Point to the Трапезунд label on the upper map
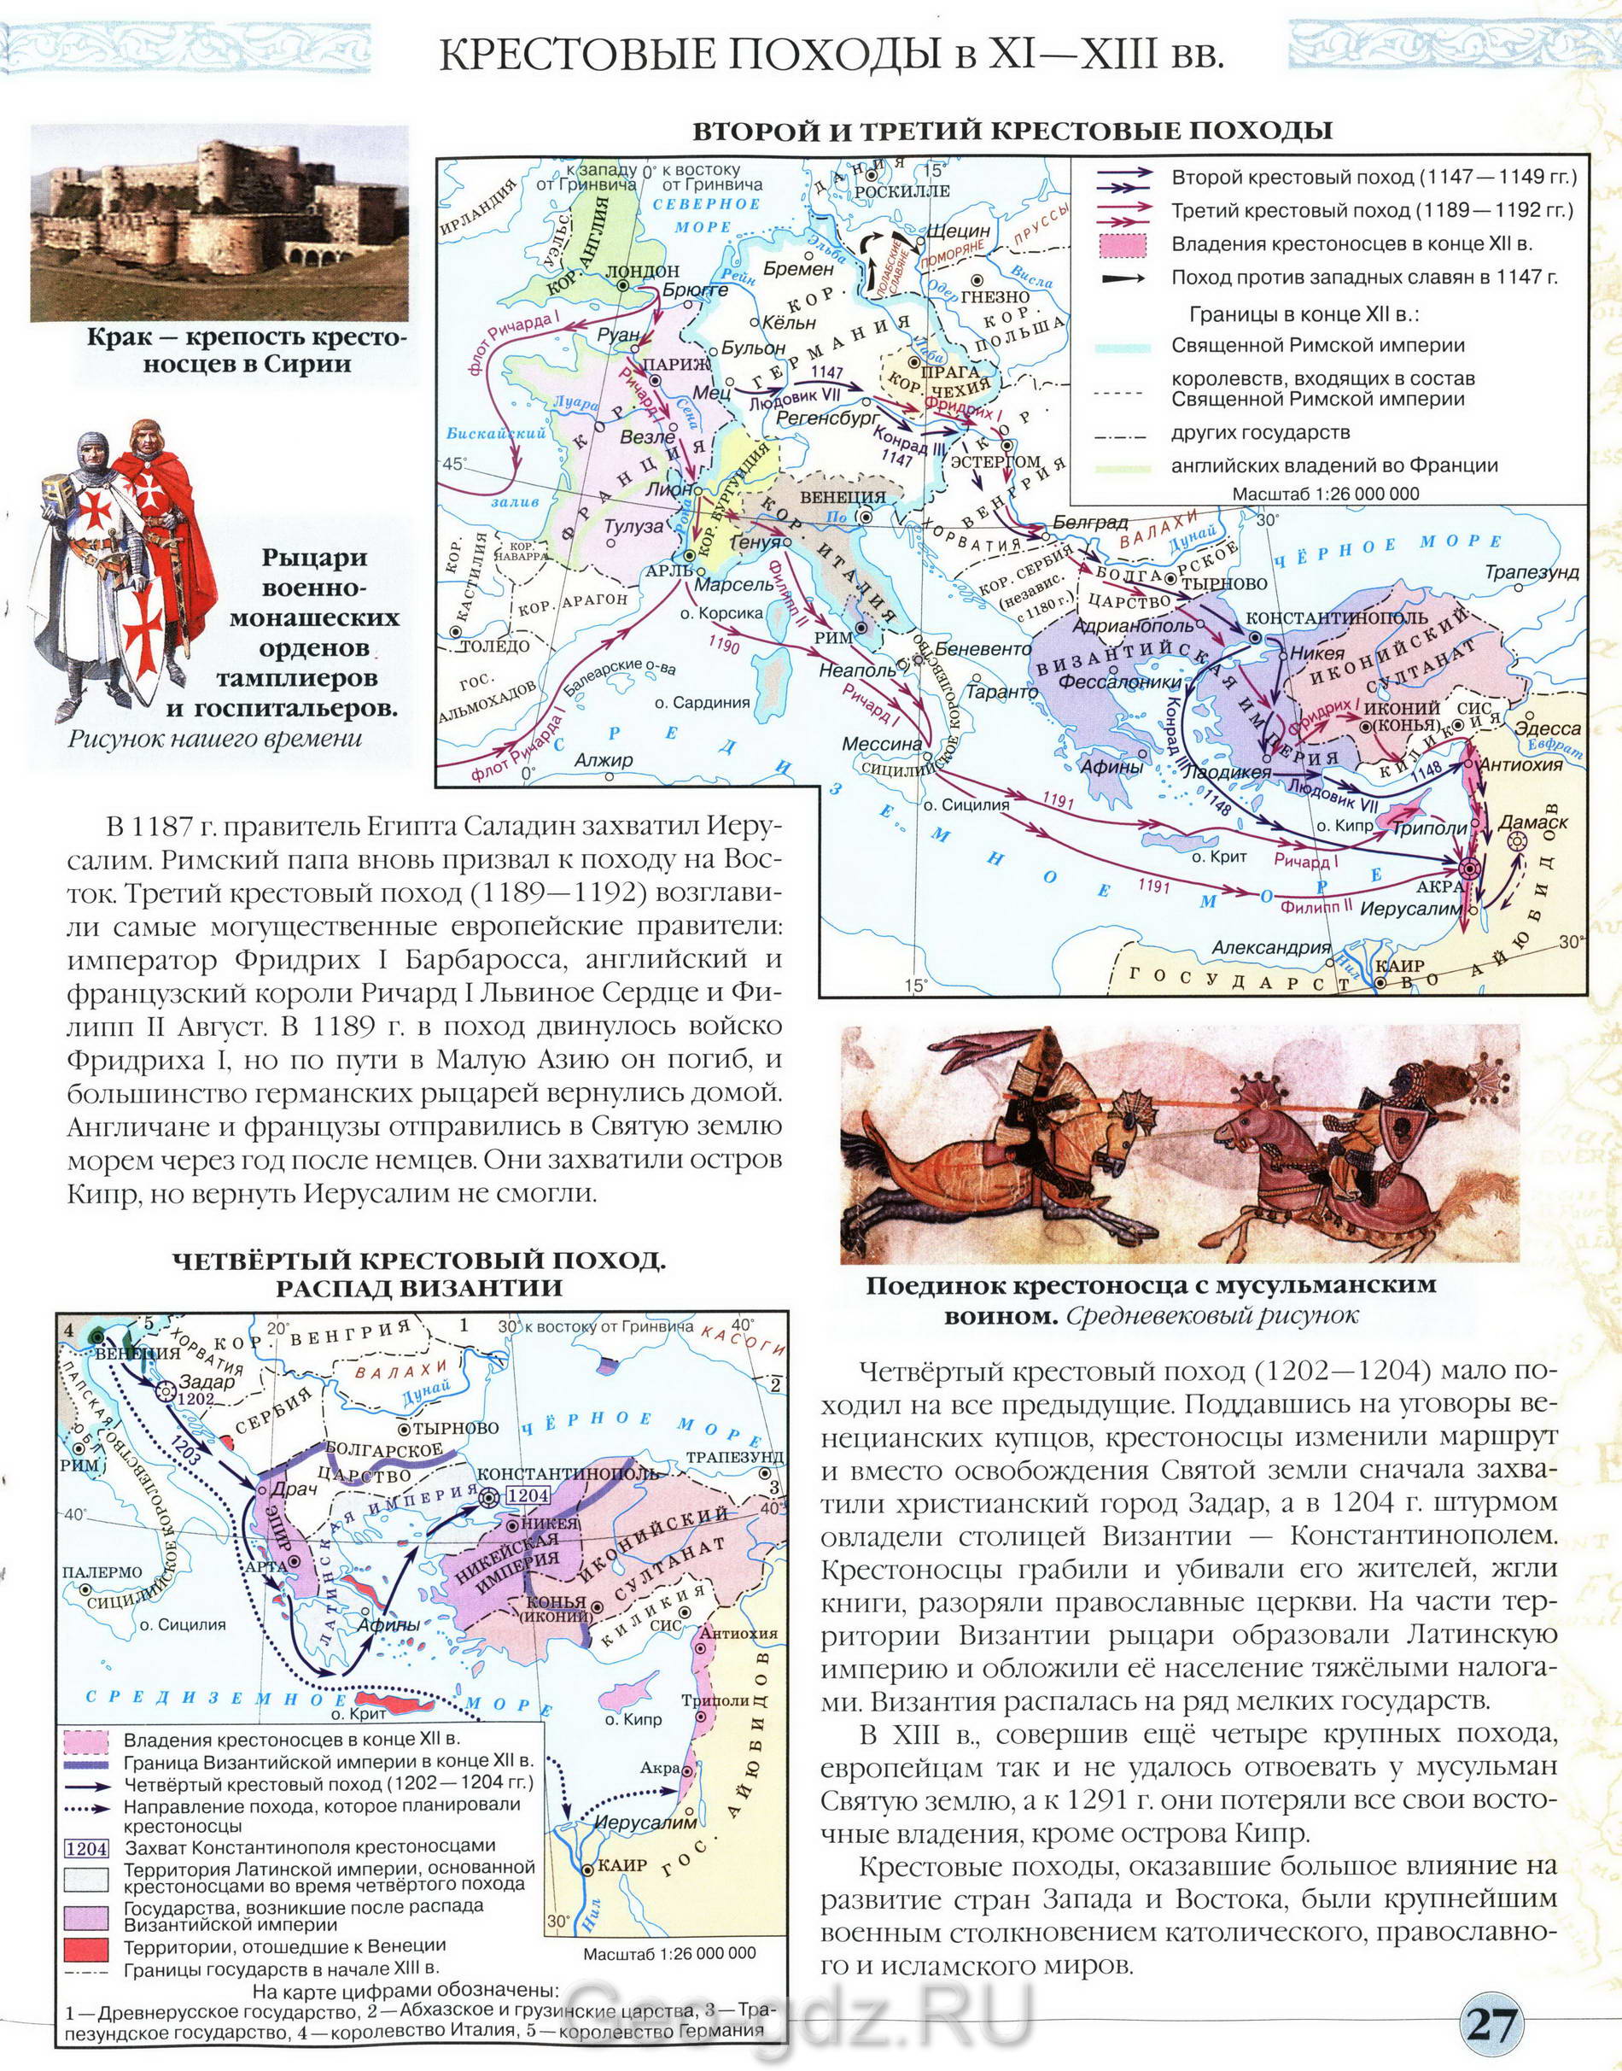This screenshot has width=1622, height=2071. tap(1532, 572)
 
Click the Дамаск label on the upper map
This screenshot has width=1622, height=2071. tap(1532, 822)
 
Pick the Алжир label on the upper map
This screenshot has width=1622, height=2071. tap(603, 760)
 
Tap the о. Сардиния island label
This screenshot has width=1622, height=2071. tap(702, 703)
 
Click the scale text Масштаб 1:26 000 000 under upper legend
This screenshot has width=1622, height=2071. tap(1325, 493)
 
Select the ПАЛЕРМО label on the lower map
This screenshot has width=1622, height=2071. tap(102, 1572)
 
